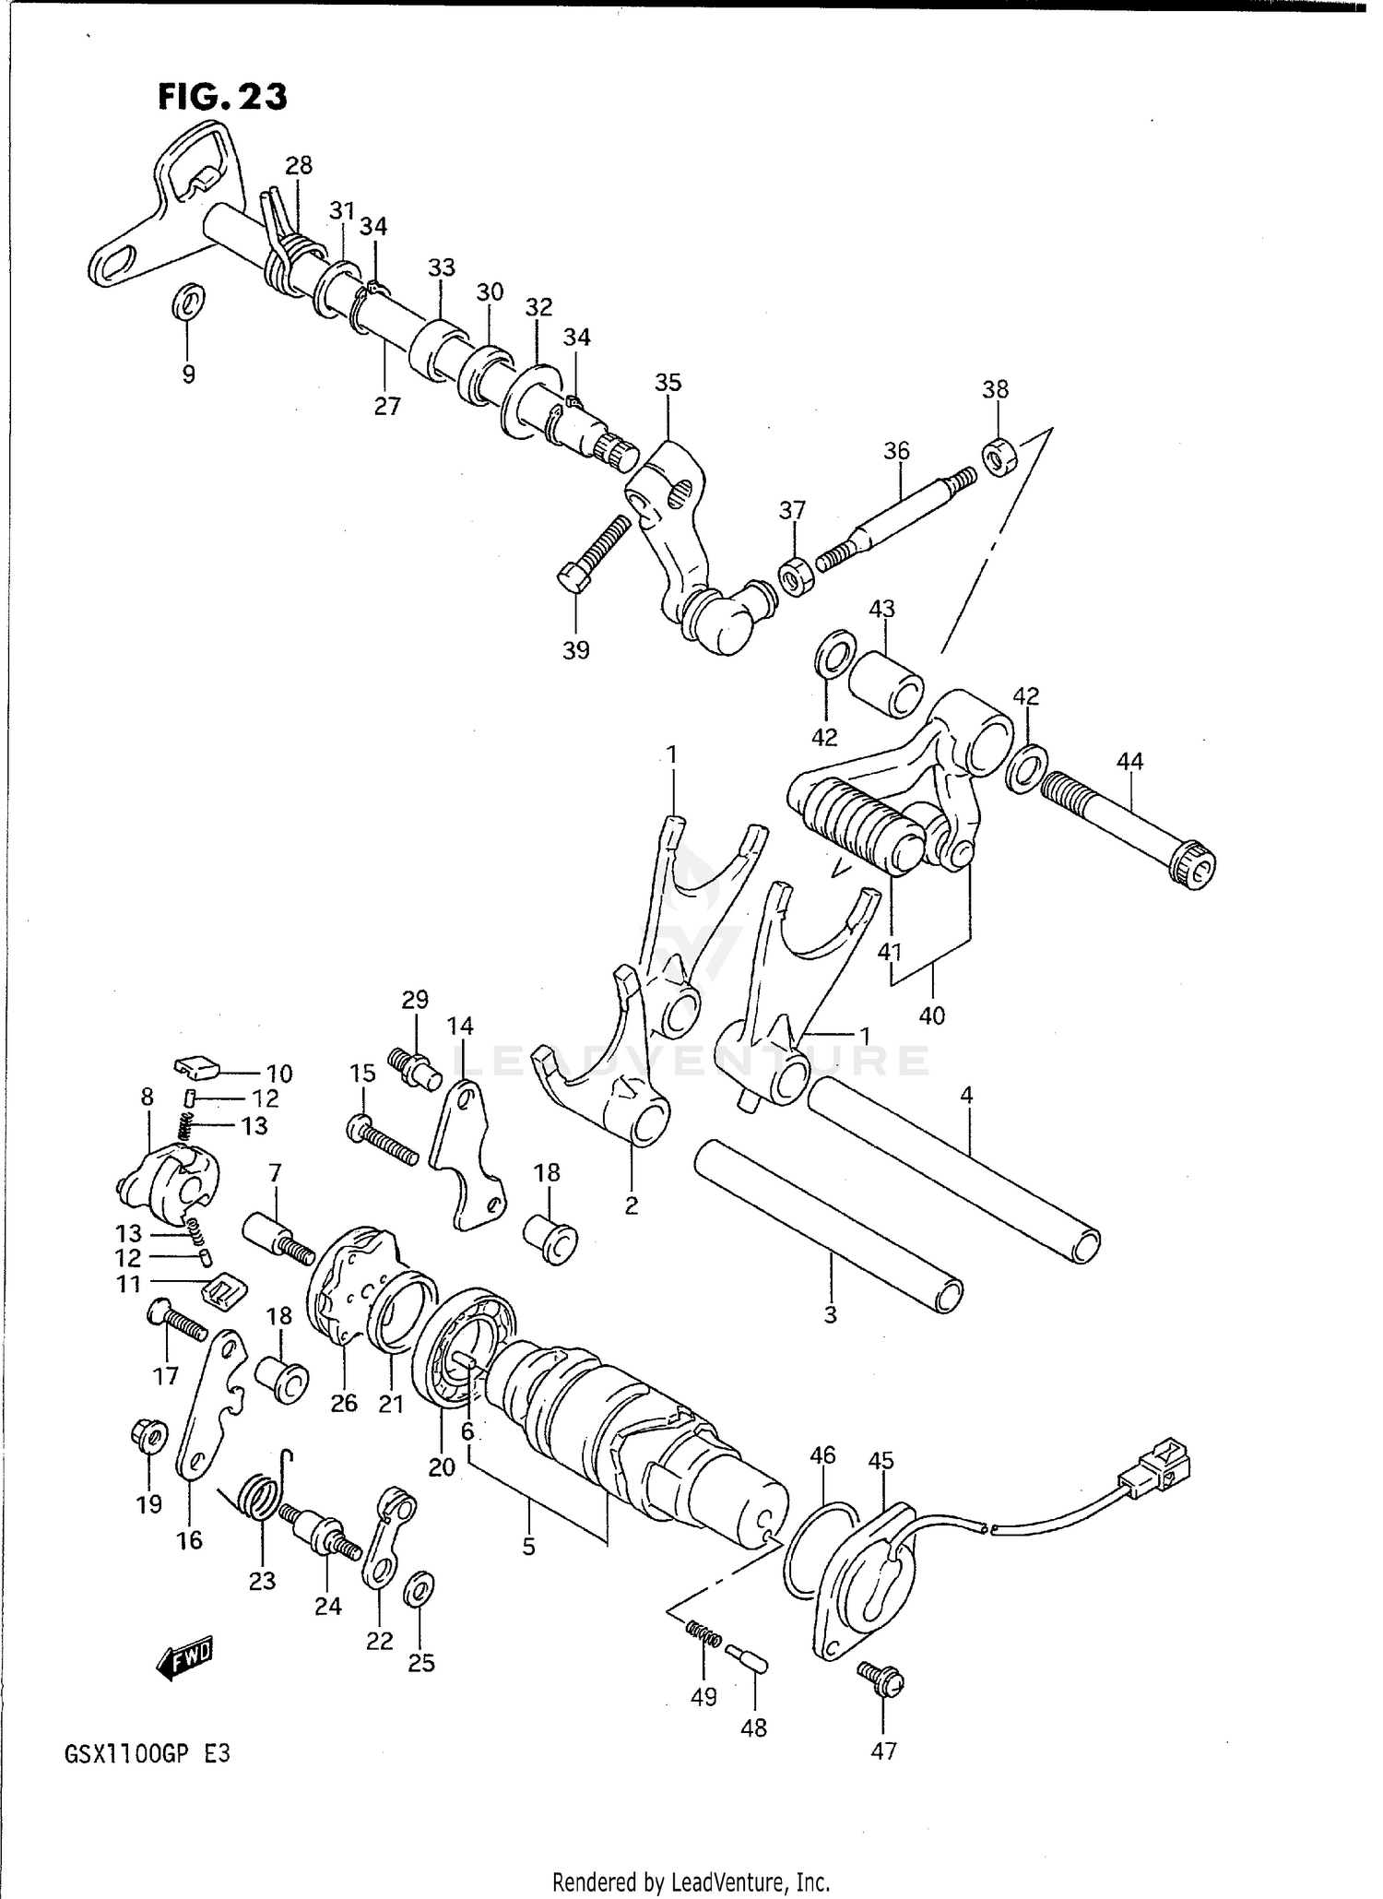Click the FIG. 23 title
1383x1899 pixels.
click(222, 96)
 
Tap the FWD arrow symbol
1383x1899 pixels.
click(185, 1660)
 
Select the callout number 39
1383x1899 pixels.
click(575, 650)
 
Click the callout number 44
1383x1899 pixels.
click(1129, 761)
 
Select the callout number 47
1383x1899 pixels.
click(883, 1751)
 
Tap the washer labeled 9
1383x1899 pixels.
click(189, 301)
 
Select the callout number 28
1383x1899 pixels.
click(298, 166)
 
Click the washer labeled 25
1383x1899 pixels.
click(420, 1587)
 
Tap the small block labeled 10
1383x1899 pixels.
click(196, 1067)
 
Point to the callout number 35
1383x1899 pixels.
click(668, 382)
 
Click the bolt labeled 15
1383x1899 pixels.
click(383, 1141)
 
